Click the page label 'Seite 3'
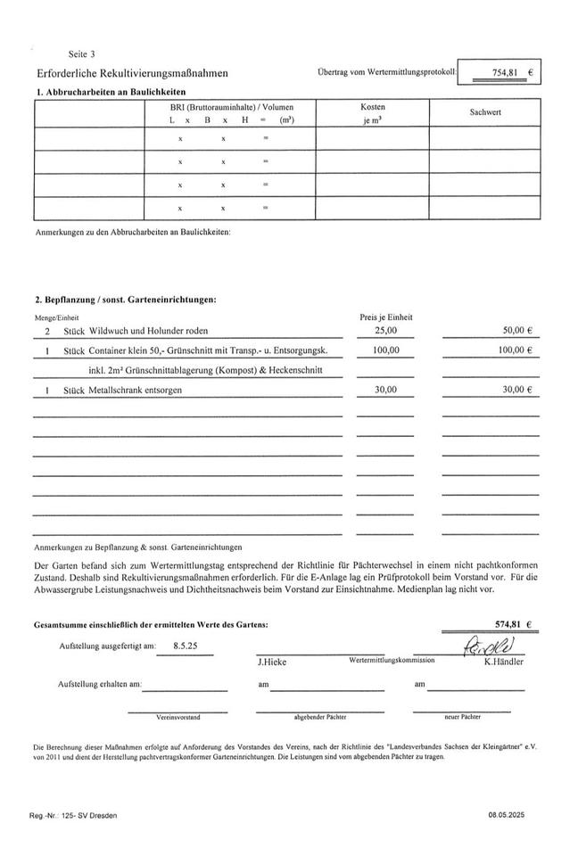click(82, 53)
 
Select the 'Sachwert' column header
click(485, 112)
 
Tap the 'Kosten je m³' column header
click(372, 112)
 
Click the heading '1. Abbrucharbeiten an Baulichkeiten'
click(111, 92)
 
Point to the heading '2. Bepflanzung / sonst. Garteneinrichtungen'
click(126, 300)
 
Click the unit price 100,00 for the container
click(385, 350)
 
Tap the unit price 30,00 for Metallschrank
click(385, 390)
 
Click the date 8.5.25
click(186, 645)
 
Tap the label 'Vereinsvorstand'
click(178, 716)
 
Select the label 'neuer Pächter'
click(462, 716)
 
